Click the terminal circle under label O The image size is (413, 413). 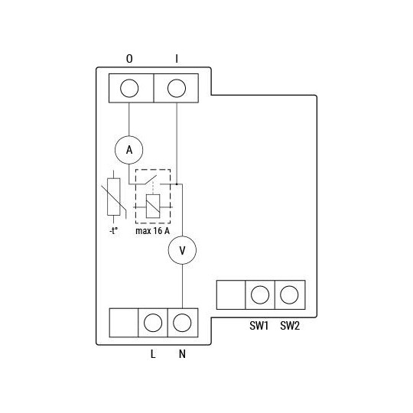click(x=129, y=87)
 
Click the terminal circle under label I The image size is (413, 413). click(x=177, y=87)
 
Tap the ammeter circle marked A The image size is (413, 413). click(x=129, y=151)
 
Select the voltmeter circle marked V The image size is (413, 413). click(x=182, y=250)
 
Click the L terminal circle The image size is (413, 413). click(x=153, y=322)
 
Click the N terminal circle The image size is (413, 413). click(x=182, y=322)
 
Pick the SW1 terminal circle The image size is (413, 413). click(x=260, y=294)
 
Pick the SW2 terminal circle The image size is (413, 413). click(x=289, y=294)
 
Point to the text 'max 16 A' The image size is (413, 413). click(x=152, y=230)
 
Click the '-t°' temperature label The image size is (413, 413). click(x=113, y=230)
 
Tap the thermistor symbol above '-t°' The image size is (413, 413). click(x=113, y=197)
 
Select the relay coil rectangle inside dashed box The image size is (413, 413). click(x=152, y=205)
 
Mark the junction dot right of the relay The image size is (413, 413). click(x=177, y=184)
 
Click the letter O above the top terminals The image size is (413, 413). click(x=128, y=59)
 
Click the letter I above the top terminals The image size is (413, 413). click(x=177, y=59)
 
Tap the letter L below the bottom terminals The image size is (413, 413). click(x=153, y=354)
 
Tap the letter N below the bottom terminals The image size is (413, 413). click(x=182, y=354)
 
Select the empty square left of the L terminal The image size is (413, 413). click(x=124, y=322)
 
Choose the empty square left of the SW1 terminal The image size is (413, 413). click(x=231, y=294)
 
